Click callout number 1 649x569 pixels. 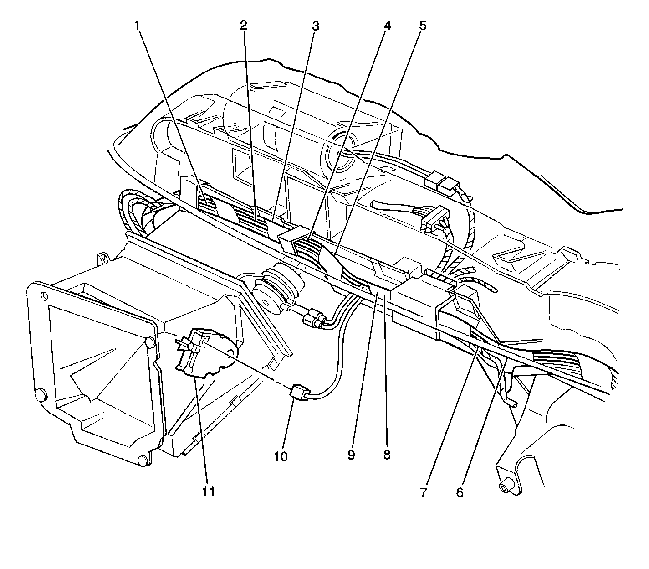(138, 26)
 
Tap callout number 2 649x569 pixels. (243, 26)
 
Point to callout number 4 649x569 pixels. (387, 26)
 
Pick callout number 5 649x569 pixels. (423, 26)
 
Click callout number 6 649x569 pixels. (460, 492)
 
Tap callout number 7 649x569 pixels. (424, 492)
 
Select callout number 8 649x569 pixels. (387, 455)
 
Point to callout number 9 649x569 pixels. (351, 455)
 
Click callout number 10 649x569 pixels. (281, 456)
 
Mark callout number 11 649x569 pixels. (209, 491)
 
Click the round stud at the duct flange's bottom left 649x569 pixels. (40, 395)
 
